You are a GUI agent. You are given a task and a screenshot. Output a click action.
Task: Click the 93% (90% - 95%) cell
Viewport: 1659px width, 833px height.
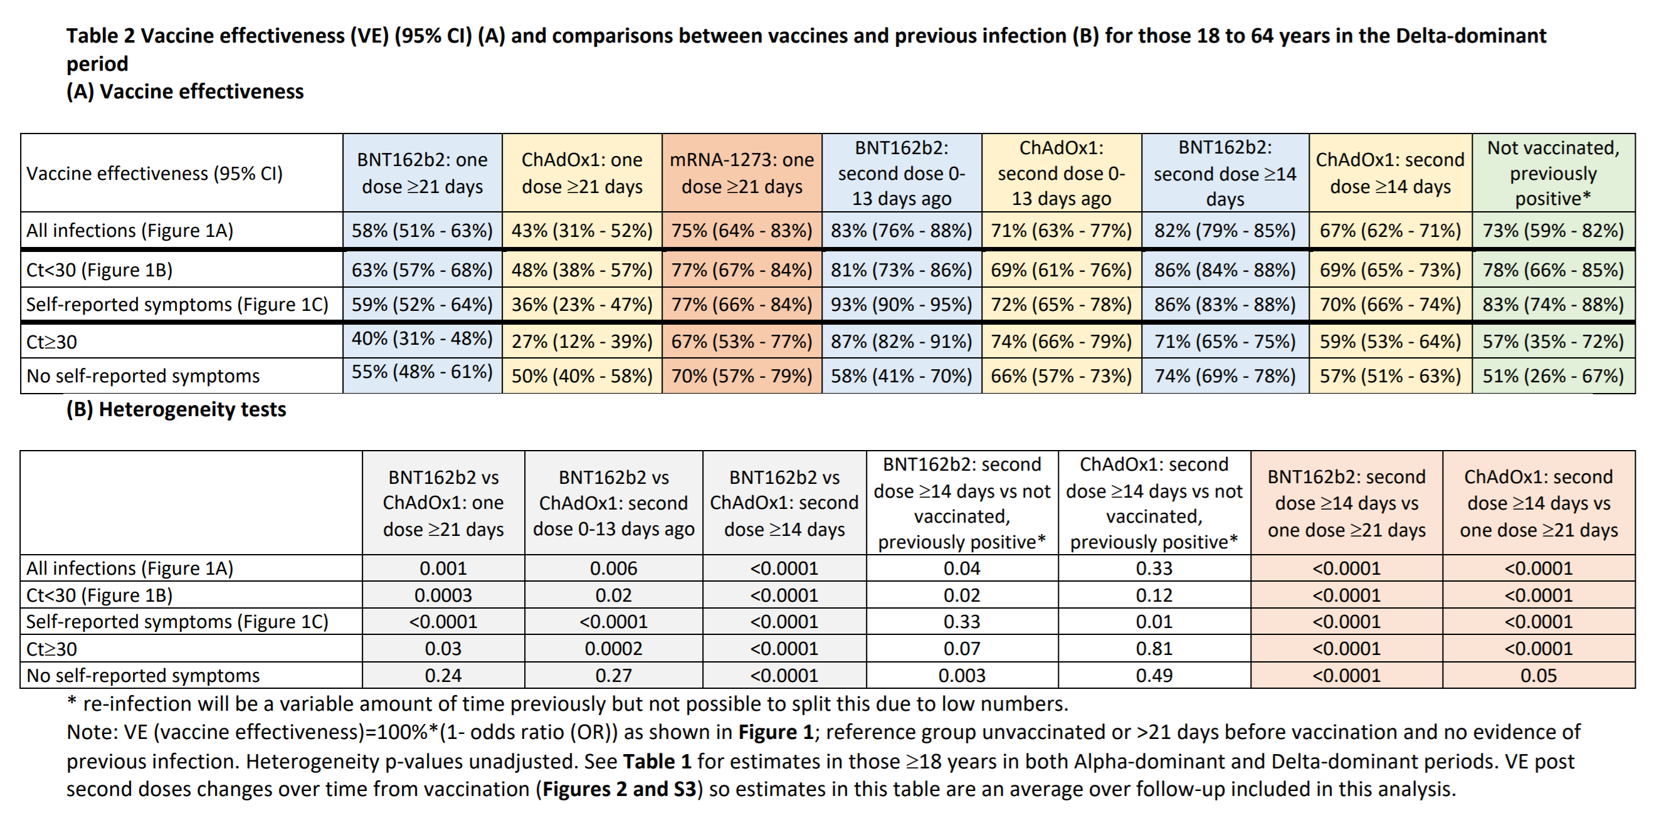901,305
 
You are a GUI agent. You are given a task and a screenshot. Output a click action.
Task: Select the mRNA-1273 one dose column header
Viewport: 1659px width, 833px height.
742,173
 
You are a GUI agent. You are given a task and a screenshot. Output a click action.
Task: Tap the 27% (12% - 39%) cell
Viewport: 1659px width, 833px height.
582,341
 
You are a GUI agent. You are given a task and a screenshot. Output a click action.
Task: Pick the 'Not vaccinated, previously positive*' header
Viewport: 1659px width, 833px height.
1553,173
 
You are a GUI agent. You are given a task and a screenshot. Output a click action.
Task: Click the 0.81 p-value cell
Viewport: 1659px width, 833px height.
1154,648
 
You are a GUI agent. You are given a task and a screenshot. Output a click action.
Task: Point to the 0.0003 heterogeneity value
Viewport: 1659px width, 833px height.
443,595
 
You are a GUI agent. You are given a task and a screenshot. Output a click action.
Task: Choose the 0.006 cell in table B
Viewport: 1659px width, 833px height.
613,568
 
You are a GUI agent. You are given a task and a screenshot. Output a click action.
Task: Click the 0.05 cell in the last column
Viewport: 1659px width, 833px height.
1539,675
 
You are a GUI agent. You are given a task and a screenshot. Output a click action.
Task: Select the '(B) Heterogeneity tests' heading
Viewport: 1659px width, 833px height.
176,409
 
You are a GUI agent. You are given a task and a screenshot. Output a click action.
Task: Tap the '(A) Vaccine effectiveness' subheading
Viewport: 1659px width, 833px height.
185,92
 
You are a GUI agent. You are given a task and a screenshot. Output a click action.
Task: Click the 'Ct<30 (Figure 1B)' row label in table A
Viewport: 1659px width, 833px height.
100,270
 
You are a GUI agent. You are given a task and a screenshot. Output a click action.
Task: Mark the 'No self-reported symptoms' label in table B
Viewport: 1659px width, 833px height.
143,675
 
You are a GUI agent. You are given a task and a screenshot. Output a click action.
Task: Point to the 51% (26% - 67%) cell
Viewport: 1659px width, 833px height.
1553,376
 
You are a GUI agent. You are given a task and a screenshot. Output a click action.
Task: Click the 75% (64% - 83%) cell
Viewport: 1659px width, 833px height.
742,231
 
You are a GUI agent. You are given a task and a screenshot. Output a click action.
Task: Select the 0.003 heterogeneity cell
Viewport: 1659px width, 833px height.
962,675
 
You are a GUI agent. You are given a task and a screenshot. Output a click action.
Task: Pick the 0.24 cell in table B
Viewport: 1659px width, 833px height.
443,675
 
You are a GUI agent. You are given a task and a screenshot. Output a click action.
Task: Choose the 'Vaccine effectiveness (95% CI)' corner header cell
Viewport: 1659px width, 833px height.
155,173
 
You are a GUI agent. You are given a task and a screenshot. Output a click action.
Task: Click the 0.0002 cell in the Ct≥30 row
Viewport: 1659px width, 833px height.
613,648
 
